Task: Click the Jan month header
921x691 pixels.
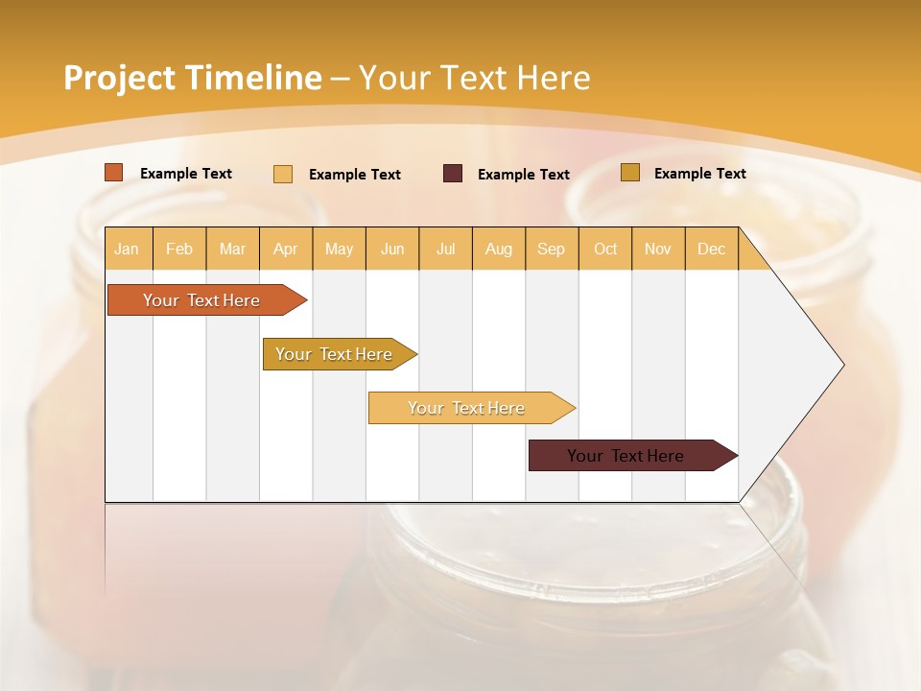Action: (127, 250)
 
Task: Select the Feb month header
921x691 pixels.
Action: (179, 250)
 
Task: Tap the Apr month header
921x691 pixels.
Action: (286, 250)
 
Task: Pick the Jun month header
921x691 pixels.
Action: (392, 250)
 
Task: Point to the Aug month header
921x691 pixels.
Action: (499, 250)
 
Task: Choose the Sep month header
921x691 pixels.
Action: (552, 250)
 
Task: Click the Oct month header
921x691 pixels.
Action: (605, 250)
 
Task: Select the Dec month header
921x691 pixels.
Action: (712, 250)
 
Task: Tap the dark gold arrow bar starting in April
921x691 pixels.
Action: (336, 354)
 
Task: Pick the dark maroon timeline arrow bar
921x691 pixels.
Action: (628, 456)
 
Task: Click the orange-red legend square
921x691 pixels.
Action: (114, 173)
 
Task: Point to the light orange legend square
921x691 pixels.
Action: (283, 174)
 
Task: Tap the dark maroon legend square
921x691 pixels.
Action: (453, 174)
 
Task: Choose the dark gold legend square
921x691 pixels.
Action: (630, 173)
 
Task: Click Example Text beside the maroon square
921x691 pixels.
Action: (524, 175)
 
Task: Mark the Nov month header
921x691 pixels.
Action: (658, 250)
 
